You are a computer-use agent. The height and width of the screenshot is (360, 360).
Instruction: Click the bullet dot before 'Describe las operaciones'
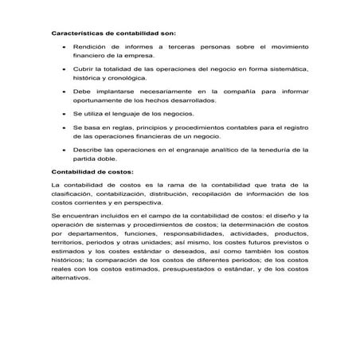[x=64, y=150]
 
